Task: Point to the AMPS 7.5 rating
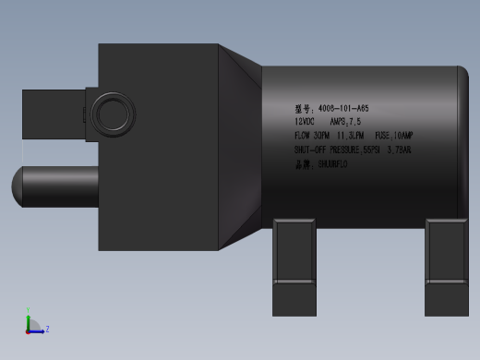345,121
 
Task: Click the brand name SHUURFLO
332,164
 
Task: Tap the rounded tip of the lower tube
18,186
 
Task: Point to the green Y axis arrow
29,318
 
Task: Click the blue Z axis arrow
38,330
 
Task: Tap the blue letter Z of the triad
47,329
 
